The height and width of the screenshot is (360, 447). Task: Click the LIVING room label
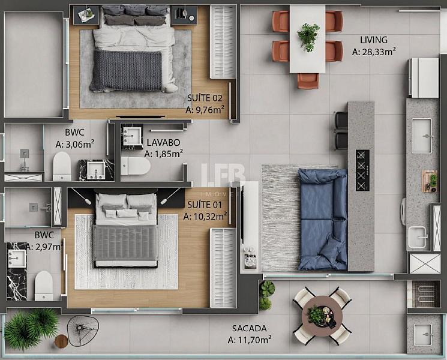[373, 40]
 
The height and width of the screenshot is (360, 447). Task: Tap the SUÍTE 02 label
[205, 98]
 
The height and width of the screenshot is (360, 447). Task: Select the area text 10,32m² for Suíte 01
[205, 217]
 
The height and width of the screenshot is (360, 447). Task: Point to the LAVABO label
[163, 142]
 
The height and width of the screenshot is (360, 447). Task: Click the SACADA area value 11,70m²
[250, 340]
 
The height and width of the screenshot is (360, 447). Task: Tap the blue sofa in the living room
[323, 219]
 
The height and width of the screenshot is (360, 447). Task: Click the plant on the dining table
[308, 37]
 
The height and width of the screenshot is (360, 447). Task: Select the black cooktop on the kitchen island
[362, 170]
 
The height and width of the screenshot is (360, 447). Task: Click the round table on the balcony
[322, 316]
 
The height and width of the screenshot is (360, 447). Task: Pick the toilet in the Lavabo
[136, 166]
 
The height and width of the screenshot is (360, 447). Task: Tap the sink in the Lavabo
[132, 136]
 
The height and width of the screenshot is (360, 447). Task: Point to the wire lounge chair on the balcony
[83, 331]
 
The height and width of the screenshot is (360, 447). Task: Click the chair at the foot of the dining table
[308, 81]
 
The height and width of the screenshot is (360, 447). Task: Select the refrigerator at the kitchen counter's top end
[424, 78]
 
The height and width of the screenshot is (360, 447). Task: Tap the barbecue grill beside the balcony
[424, 294]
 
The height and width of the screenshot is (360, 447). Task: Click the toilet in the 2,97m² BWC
[44, 286]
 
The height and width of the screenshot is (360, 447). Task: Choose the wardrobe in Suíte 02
[223, 41]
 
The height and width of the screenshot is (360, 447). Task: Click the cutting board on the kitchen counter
[430, 181]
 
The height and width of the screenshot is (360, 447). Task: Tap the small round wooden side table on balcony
[61, 341]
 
